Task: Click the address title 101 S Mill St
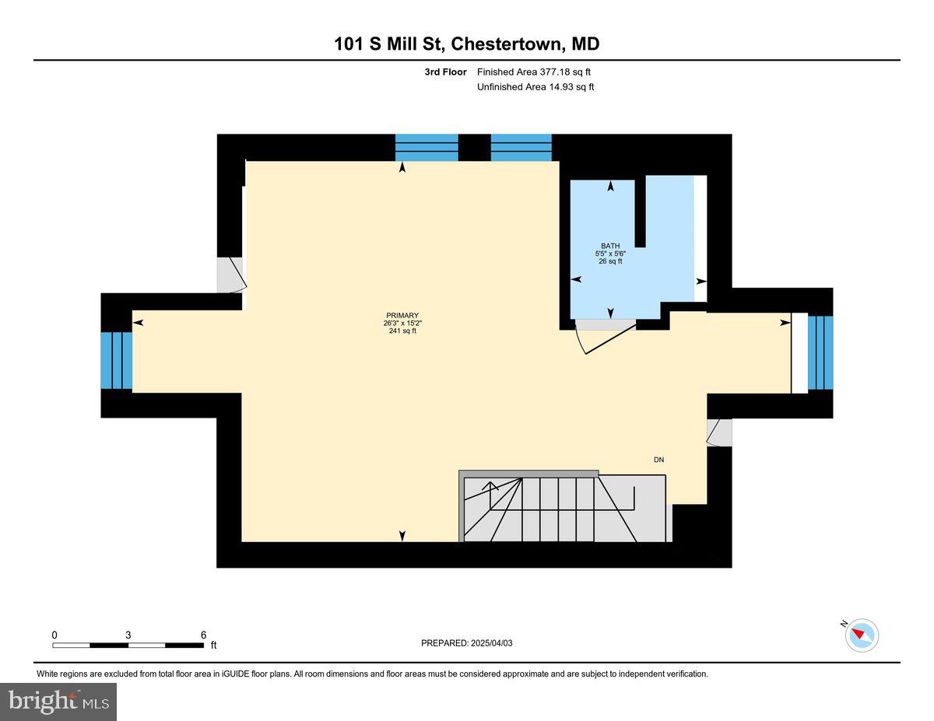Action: [x=467, y=44]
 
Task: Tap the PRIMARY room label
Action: [x=402, y=315]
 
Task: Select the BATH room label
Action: [x=610, y=246]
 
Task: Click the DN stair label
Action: [x=658, y=460]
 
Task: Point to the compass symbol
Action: [x=862, y=635]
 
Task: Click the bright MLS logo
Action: [x=58, y=702]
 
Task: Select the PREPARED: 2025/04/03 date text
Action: [x=467, y=643]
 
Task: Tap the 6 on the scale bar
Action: [x=203, y=635]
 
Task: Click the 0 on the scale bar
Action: [x=54, y=635]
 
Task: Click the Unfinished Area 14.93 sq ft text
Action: [x=535, y=87]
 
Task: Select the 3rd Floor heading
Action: [x=446, y=72]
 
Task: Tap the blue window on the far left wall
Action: [x=117, y=360]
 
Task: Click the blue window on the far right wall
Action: [x=820, y=352]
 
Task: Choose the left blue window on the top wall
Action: [x=427, y=147]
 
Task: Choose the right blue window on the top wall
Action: [x=521, y=147]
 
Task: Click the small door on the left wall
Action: [x=230, y=275]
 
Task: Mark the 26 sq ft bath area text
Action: [x=610, y=261]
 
